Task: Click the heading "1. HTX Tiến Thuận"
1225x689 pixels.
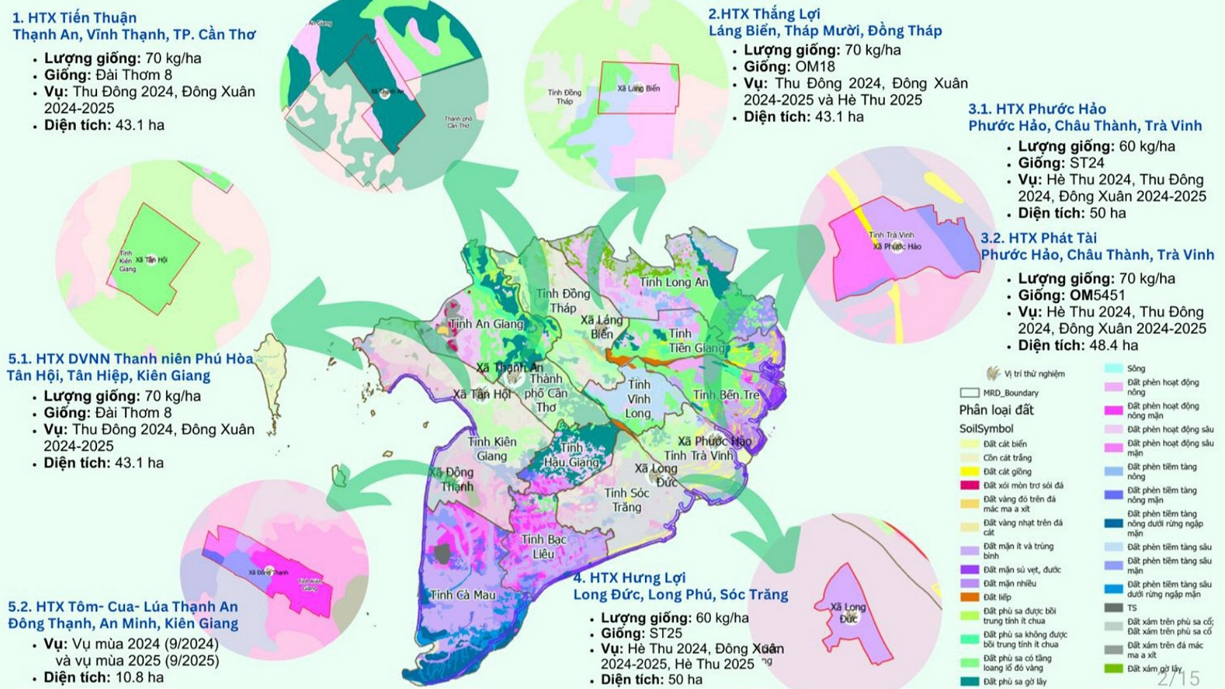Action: (x=74, y=18)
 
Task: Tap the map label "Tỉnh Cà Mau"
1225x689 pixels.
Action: (x=463, y=595)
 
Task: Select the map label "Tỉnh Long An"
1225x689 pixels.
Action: (x=674, y=282)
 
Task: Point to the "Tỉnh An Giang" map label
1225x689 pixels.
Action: (x=486, y=324)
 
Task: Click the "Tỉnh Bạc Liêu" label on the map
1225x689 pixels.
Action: (x=544, y=547)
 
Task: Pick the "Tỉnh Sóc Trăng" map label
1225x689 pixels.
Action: (x=627, y=500)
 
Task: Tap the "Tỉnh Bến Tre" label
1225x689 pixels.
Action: (x=726, y=395)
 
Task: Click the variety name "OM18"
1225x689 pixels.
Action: (x=815, y=67)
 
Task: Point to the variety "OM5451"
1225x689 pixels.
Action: (x=1097, y=295)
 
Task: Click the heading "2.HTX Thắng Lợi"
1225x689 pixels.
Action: (x=764, y=14)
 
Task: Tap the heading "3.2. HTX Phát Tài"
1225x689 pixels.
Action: (x=1039, y=239)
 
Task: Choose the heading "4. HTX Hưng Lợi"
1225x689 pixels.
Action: (x=629, y=578)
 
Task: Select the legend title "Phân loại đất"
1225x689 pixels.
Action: (x=996, y=410)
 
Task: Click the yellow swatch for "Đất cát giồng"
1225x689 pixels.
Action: (x=970, y=471)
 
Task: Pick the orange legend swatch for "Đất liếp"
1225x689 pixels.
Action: (x=970, y=597)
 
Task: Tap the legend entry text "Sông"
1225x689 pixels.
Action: (x=1136, y=369)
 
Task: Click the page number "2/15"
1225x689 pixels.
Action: (x=1178, y=678)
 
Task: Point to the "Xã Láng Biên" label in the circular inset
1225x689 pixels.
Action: (x=639, y=89)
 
